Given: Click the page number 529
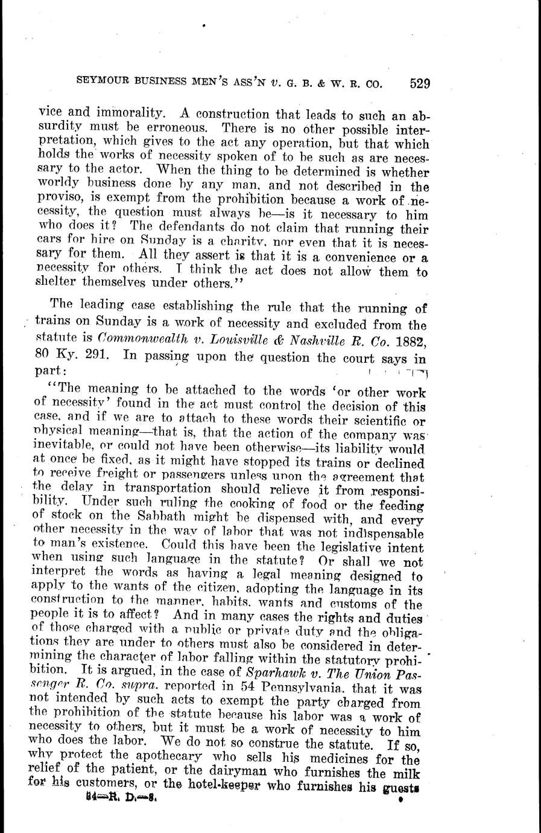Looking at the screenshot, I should [419, 83].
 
